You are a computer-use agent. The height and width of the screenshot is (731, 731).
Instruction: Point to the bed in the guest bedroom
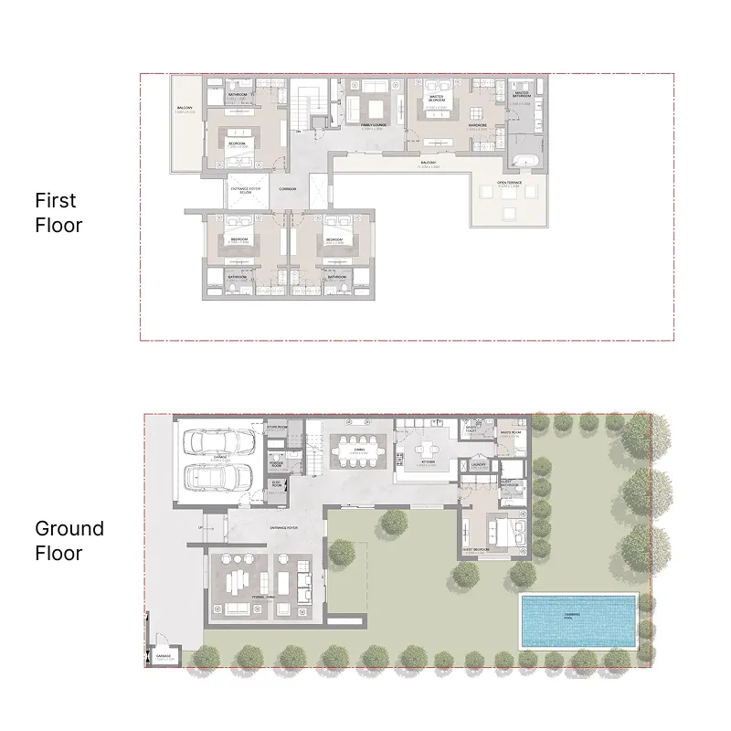click(494, 529)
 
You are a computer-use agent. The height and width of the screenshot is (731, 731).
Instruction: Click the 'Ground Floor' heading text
click(69, 540)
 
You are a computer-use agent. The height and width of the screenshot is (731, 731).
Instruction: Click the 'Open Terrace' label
click(510, 183)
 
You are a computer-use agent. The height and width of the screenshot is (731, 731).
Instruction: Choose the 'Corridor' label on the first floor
click(289, 189)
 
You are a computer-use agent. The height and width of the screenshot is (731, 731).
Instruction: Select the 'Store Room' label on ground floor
click(277, 426)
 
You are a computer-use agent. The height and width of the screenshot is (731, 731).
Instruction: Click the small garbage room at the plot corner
click(164, 654)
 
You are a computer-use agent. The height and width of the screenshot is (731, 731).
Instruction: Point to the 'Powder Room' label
click(277, 464)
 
